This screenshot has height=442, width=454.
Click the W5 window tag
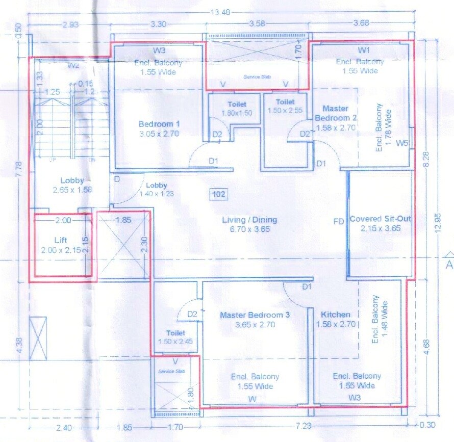402,143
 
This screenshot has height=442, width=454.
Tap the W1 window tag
363,50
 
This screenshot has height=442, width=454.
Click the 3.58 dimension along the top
258,23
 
